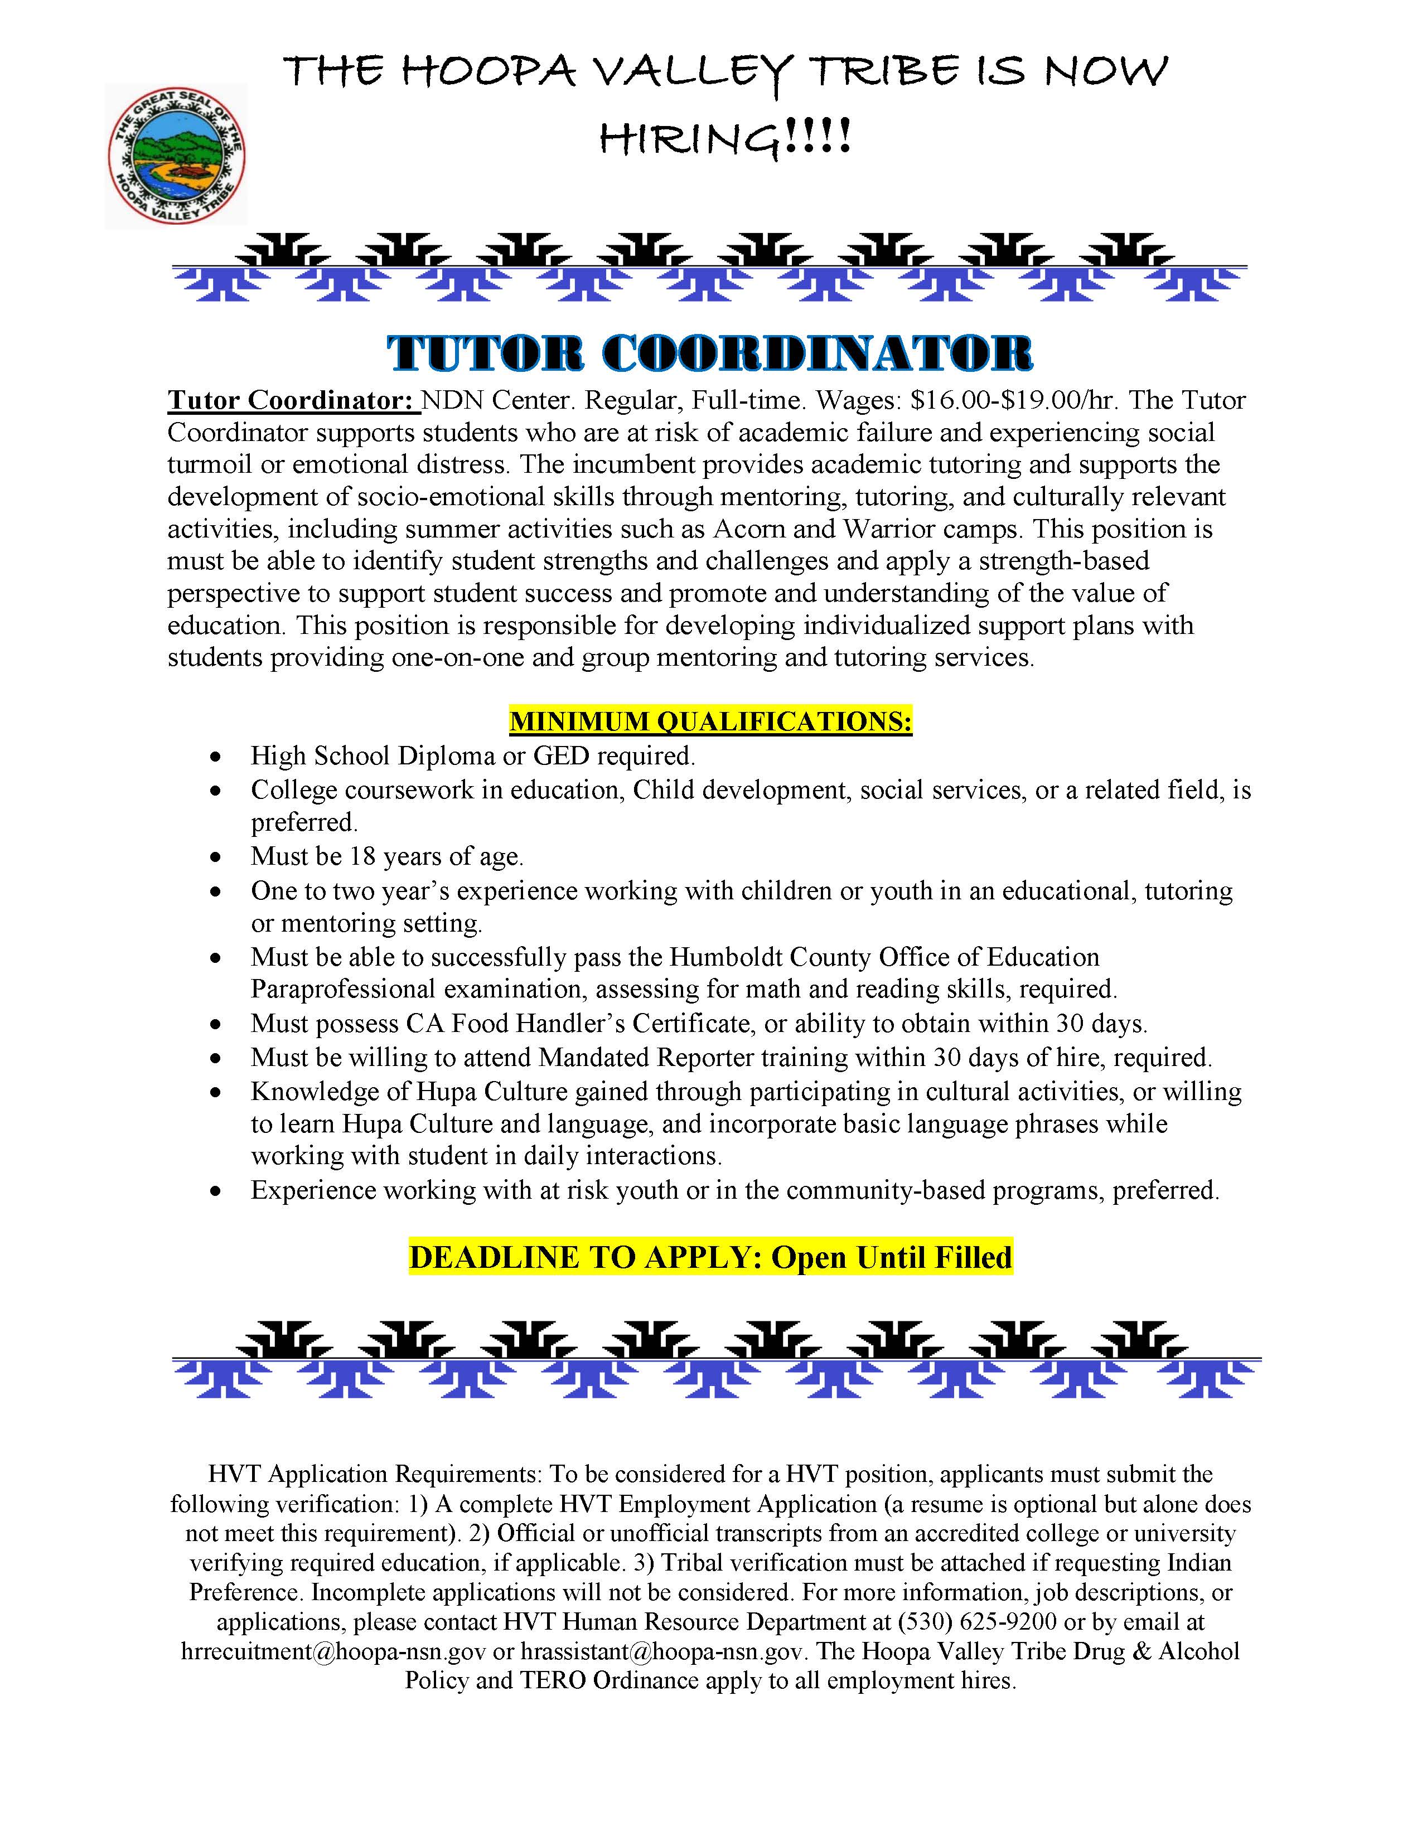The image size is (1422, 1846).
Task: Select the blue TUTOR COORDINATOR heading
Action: (710, 353)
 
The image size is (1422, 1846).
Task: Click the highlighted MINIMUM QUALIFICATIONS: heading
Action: (710, 722)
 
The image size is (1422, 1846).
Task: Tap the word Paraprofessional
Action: (342, 989)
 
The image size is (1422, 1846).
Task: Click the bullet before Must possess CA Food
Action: (218, 1024)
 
